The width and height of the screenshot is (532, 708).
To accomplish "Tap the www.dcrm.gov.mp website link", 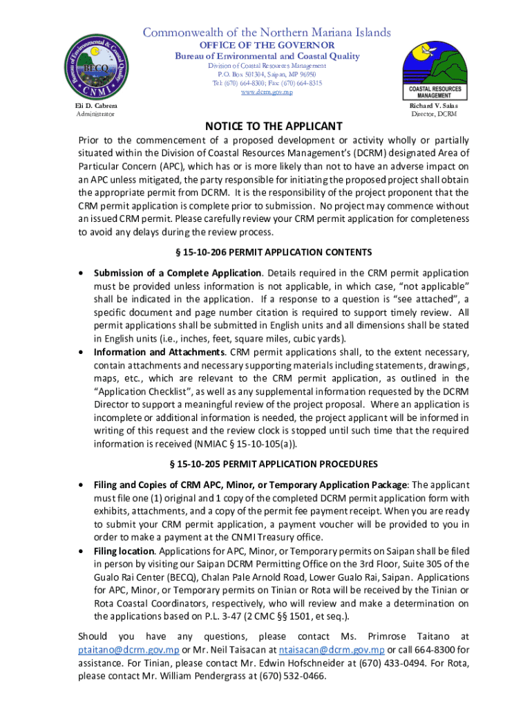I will point(267,93).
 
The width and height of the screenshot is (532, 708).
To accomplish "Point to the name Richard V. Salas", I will point(433,105).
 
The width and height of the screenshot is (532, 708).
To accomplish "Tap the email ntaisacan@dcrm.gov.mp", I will point(331,650).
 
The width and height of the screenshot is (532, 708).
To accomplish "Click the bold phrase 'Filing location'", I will point(124,550).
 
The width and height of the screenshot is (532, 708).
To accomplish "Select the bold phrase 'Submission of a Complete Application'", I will point(178,273).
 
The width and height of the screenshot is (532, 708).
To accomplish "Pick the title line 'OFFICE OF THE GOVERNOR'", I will point(267,45).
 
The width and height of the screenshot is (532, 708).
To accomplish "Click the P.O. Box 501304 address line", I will point(267,74).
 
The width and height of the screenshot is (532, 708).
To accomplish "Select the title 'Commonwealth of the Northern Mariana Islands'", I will point(267,32).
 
